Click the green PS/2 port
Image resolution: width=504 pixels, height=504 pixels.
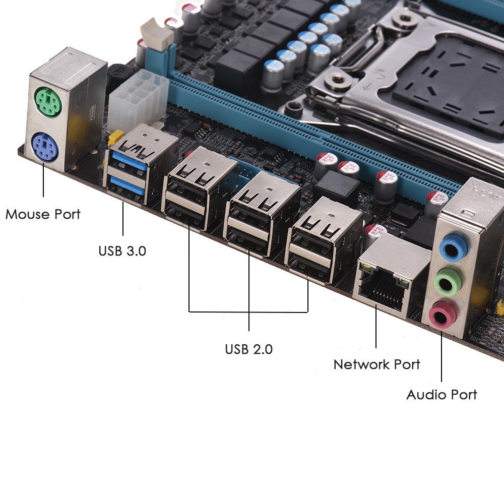pyautogui.click(x=48, y=102)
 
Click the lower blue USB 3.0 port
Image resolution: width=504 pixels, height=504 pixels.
pyautogui.click(x=128, y=185)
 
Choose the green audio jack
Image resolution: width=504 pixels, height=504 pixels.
pyautogui.click(x=448, y=282)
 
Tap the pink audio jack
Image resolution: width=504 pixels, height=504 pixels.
pyautogui.click(x=443, y=313)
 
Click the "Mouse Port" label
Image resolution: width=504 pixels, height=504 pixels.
pyautogui.click(x=43, y=214)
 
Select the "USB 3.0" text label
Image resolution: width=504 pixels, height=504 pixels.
pyautogui.click(x=122, y=250)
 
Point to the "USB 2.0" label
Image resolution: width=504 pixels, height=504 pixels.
pyautogui.click(x=249, y=349)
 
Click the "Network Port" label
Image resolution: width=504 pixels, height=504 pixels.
pyautogui.click(x=376, y=364)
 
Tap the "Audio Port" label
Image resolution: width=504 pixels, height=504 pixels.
pyautogui.click(x=442, y=395)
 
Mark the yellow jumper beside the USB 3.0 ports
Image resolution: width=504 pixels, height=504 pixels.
pyautogui.click(x=115, y=137)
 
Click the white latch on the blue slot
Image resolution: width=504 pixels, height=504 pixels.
pyautogui.click(x=156, y=34)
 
